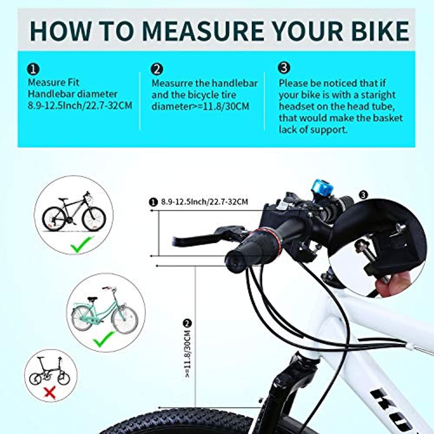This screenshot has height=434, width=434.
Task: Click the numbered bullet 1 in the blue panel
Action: tap(33, 70)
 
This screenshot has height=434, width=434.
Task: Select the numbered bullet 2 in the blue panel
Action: tap(157, 70)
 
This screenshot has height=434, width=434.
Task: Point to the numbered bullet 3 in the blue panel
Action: tap(284, 68)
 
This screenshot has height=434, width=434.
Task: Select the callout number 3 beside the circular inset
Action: tap(363, 195)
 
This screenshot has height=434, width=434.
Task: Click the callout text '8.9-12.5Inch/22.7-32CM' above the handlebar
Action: tap(205, 202)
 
